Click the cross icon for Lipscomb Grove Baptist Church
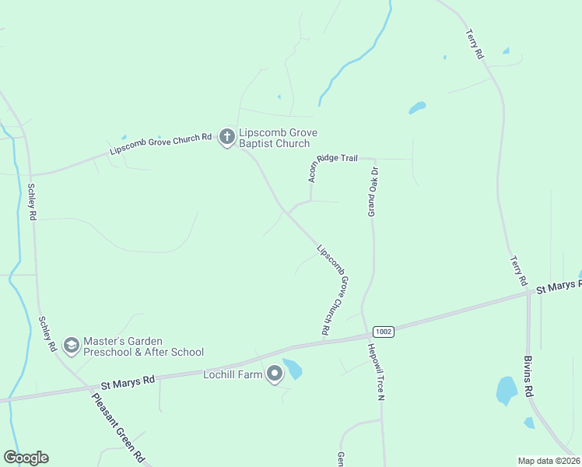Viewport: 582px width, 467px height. (x=226, y=138)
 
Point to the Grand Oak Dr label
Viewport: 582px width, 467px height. (x=373, y=191)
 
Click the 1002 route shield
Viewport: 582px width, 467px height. (x=383, y=332)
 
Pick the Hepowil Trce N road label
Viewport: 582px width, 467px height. (x=377, y=373)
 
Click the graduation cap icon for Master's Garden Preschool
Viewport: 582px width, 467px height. (x=71, y=346)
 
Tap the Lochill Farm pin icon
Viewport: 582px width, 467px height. (x=275, y=374)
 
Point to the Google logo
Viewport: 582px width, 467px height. (x=26, y=458)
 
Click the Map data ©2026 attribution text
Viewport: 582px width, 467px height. (x=549, y=461)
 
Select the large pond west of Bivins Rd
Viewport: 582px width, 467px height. (x=507, y=389)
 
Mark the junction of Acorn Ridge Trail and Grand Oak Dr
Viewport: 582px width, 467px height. (x=374, y=159)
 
